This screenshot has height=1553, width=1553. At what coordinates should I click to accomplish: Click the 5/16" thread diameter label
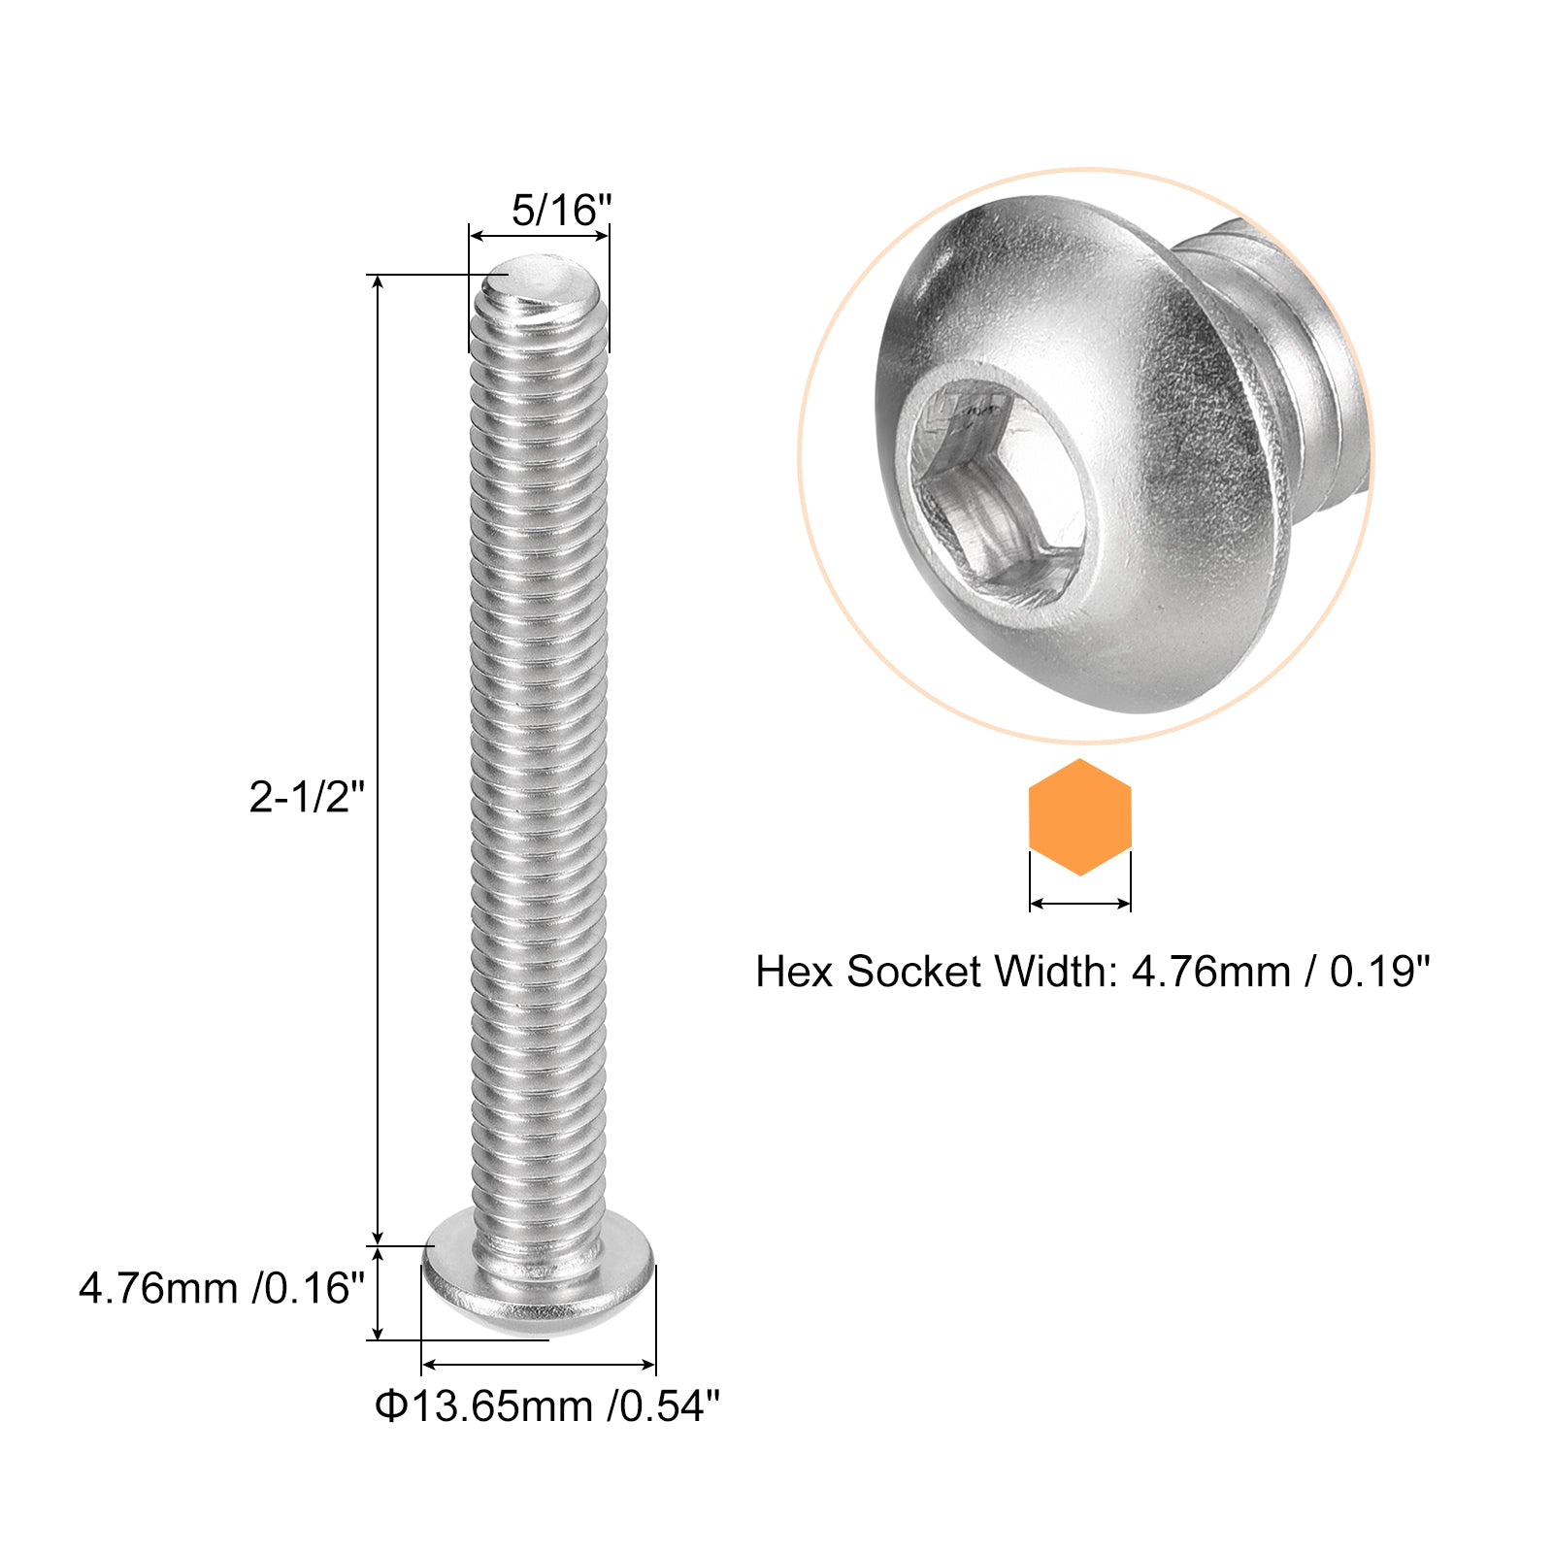click(x=561, y=210)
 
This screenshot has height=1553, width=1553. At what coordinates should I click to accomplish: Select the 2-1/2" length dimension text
click(x=307, y=798)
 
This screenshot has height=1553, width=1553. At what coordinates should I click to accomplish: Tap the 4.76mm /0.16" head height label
click(x=221, y=1289)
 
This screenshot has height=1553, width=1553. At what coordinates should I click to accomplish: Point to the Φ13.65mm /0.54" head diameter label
click(x=547, y=1405)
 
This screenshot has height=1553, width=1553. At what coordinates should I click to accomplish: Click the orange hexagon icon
click(x=1079, y=817)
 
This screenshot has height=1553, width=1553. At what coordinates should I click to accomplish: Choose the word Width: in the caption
click(x=1057, y=972)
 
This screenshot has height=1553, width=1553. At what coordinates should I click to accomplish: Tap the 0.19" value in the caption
click(x=1379, y=972)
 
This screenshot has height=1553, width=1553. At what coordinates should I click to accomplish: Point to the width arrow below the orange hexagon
click(x=1079, y=904)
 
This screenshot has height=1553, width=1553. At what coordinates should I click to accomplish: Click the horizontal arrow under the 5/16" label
click(x=539, y=235)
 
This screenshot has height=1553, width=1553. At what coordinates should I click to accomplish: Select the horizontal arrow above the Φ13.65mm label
click(x=539, y=1365)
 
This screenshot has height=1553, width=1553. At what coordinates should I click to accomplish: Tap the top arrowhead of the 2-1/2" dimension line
click(x=379, y=282)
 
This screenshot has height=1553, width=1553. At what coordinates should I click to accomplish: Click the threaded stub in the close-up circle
click(x=1301, y=369)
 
